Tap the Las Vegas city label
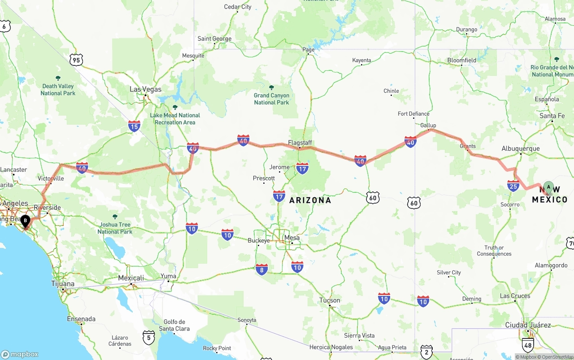tap(145, 89)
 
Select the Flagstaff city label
tap(300, 143)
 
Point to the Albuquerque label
tap(520, 148)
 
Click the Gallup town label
tap(428, 125)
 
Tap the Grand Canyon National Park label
tap(271, 99)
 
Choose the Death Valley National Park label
tap(58, 89)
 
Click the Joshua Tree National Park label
tap(115, 228)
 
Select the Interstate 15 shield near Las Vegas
tap(134, 126)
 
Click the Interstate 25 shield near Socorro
tap(513, 186)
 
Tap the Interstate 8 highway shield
tap(262, 269)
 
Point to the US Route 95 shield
tap(76, 60)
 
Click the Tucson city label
tap(330, 300)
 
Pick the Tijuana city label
tap(63, 284)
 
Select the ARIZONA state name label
tap(310, 200)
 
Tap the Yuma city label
tap(169, 276)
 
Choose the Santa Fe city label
tap(552, 116)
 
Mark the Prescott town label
tap(264, 178)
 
